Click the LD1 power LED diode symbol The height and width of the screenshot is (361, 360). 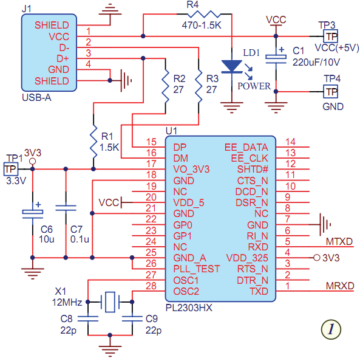coord(232,66)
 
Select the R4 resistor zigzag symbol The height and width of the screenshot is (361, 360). coord(203,14)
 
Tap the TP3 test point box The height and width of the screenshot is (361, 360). coord(330,36)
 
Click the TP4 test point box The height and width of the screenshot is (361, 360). coord(330,92)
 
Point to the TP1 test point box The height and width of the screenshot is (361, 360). coord(10,169)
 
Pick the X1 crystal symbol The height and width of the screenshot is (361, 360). coord(110,302)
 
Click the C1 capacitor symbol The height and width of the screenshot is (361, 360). coord(276,58)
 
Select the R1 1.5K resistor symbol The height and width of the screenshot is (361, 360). coord(93,142)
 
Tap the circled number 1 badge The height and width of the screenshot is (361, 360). coord(331,329)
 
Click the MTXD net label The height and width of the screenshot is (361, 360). coord(339,241)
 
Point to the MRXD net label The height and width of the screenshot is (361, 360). coord(340,286)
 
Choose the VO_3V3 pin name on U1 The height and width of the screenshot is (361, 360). coord(191,170)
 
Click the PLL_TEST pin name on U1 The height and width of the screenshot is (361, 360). coord(197,269)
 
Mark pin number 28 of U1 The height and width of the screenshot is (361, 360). coord(151,286)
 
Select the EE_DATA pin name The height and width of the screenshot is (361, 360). coord(246,147)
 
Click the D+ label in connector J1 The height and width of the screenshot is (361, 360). coord(63,59)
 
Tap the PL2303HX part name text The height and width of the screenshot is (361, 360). coord(189,308)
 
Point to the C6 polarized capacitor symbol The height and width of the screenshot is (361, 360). coord(33,212)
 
